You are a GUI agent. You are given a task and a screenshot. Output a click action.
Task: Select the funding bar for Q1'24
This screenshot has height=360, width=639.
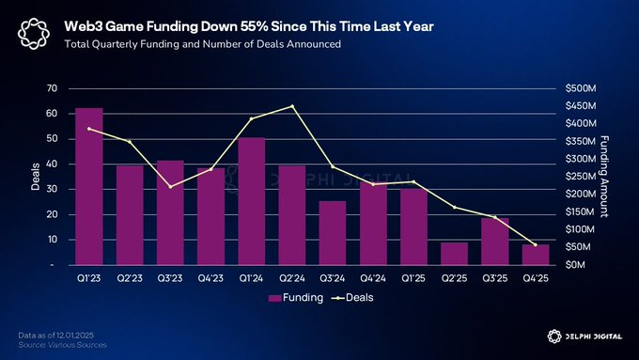(251, 201)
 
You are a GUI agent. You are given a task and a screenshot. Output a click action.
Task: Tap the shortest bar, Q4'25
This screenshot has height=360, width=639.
(536, 255)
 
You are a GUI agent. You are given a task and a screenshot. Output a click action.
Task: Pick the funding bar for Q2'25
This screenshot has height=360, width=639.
(454, 254)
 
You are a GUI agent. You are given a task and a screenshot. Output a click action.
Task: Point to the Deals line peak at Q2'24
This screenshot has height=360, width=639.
(292, 106)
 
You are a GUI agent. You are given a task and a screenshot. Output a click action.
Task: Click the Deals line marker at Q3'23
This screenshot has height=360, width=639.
(170, 186)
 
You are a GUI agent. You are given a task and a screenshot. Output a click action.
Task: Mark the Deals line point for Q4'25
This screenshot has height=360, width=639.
(536, 245)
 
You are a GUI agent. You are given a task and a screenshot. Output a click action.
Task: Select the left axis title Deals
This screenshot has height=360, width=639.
(35, 177)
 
